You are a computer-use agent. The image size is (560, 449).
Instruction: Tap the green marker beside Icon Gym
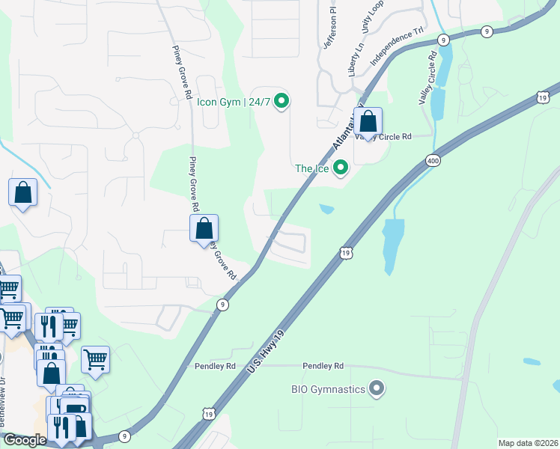[x=281, y=100]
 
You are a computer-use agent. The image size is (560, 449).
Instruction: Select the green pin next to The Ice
[x=341, y=168]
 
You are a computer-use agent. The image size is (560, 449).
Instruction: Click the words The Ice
[x=312, y=168]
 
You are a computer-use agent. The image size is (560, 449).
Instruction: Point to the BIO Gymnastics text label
[x=328, y=389]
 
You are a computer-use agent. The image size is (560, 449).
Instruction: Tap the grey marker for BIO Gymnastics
[x=377, y=389]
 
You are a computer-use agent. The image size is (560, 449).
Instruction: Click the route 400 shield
[x=432, y=160]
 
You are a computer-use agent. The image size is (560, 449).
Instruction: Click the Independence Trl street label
[x=398, y=48]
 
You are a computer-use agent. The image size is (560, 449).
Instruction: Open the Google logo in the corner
[x=25, y=440]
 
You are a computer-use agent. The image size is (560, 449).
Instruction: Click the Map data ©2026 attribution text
[x=529, y=443]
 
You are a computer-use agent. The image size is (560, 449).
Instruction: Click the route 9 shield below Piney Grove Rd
[x=222, y=304]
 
